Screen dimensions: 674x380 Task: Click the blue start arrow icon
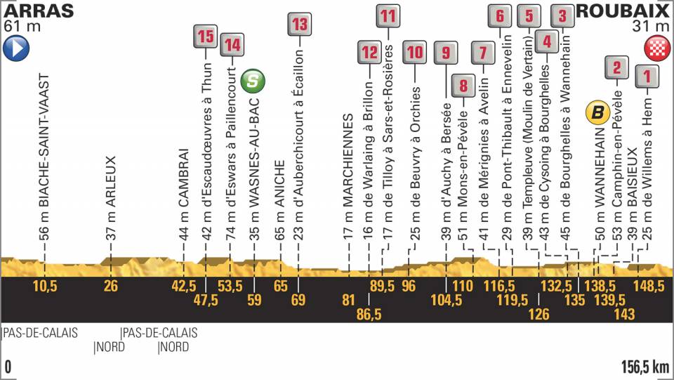click(x=16, y=48)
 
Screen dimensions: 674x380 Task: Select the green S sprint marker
click(x=253, y=81)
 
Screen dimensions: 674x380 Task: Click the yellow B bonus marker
click(x=597, y=112)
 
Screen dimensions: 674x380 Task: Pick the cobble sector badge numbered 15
click(x=205, y=37)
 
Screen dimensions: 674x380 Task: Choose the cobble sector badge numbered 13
click(x=299, y=24)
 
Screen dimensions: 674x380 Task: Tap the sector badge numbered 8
click(x=463, y=86)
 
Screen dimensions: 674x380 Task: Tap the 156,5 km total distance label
click(x=645, y=367)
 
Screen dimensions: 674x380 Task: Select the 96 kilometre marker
click(x=409, y=287)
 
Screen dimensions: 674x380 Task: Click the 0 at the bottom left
click(x=8, y=367)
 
